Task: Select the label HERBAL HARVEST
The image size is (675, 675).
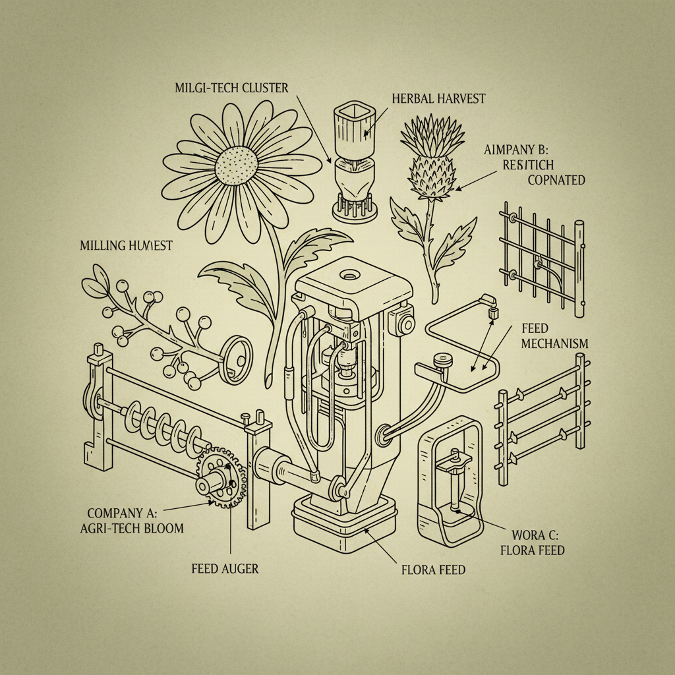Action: [438, 98]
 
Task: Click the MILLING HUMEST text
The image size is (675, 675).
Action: [126, 246]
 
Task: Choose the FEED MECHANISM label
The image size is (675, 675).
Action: [554, 336]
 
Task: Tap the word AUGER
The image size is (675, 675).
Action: [242, 568]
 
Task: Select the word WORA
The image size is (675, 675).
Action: [526, 535]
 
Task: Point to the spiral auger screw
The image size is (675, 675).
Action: [165, 428]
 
